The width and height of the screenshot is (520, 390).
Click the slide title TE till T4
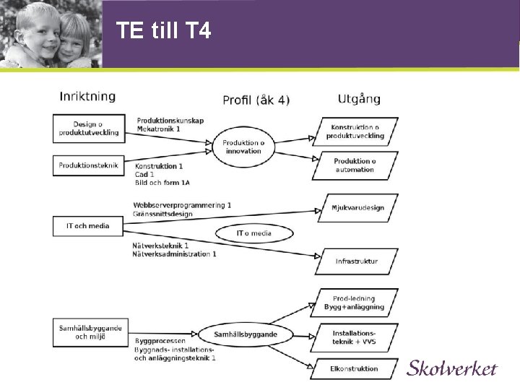163,30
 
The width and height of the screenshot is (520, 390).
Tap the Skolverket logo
452,368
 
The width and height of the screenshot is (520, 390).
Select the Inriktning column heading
87,96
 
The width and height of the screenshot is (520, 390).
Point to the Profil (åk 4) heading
256,100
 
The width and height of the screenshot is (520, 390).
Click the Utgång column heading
359,98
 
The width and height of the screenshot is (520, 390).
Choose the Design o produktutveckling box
89,129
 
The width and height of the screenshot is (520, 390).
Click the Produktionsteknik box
89,165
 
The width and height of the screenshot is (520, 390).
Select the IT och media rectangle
88,226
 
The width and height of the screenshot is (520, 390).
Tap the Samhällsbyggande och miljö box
89,332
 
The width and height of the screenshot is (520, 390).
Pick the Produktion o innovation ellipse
243,147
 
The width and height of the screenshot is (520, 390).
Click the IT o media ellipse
254,233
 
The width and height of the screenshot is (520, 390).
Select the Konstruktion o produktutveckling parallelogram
355,131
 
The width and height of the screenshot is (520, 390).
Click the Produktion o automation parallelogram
355,165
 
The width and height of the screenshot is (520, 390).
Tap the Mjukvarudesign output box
359,208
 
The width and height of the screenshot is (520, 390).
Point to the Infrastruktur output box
356,261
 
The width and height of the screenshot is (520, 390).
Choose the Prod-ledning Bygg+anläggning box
354,303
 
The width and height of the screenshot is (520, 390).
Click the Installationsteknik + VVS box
354,336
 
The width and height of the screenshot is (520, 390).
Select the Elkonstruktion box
354,368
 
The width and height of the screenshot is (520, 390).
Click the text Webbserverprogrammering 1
182,205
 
